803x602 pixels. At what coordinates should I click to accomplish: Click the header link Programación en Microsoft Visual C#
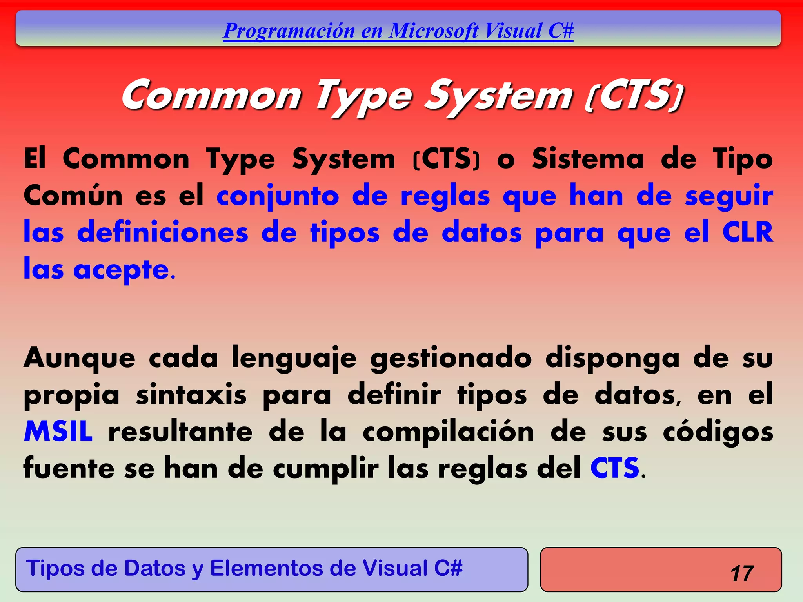398,31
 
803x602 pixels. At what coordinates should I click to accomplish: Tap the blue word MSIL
58,432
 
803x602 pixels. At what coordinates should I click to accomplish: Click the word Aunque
80,358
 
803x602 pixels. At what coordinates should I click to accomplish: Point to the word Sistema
588,159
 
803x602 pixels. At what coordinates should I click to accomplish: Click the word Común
73,196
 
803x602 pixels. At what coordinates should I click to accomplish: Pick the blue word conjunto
278,196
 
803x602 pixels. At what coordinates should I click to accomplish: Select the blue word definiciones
163,232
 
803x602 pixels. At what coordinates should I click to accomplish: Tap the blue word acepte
121,270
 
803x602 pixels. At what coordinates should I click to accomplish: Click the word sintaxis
191,395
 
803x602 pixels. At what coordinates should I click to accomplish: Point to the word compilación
448,432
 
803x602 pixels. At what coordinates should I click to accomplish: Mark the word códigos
718,432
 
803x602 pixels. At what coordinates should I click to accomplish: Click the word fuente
69,468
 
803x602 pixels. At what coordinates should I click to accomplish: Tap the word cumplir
326,469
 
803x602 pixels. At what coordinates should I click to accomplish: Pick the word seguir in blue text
729,196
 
